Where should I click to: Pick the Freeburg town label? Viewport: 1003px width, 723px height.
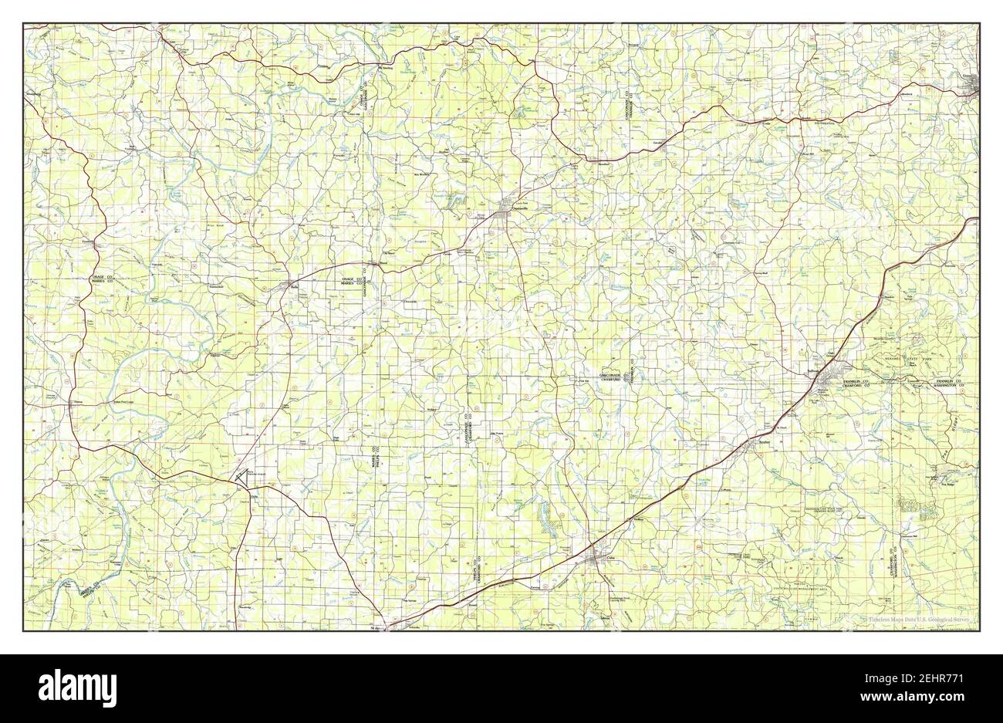pos(88,242)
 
